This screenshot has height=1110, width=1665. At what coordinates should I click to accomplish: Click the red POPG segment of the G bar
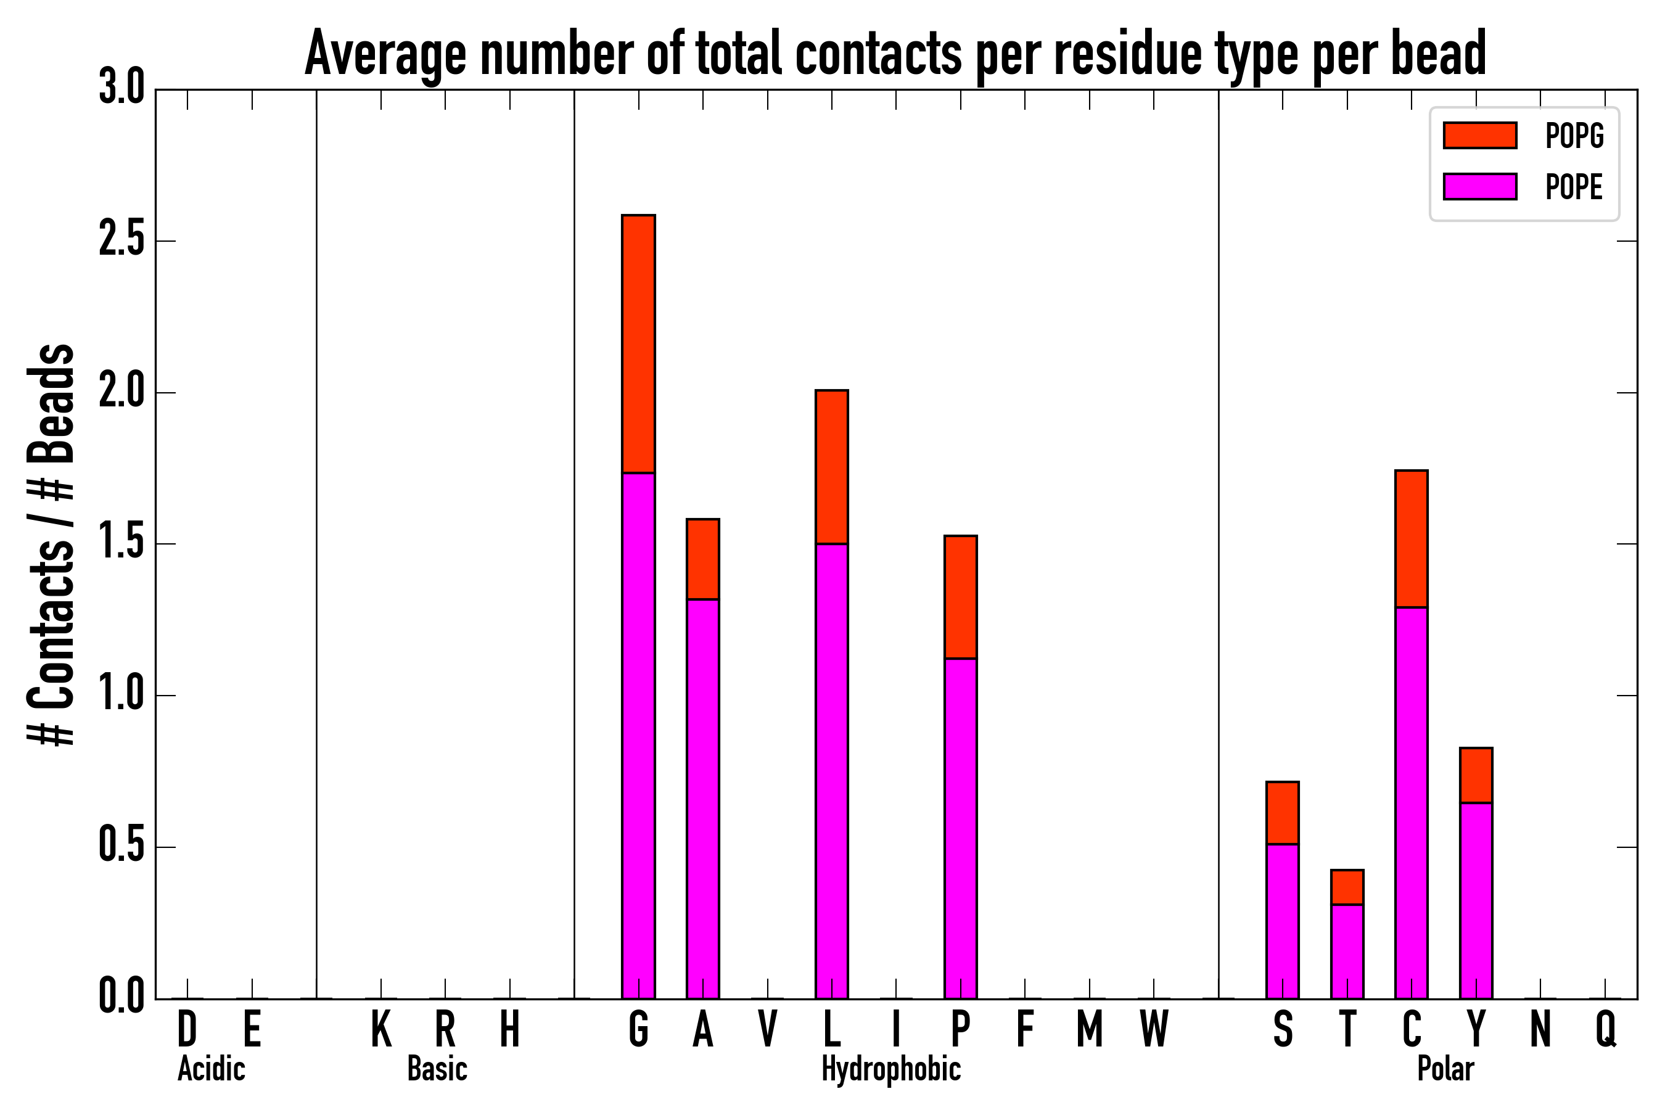pos(638,343)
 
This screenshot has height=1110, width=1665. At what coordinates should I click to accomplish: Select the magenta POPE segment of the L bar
pos(831,771)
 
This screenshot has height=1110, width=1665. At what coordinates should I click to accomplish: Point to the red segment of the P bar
pos(960,597)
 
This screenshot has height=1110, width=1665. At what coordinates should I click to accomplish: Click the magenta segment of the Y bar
pos(1475,900)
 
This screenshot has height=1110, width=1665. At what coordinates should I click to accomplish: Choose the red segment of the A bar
pos(702,559)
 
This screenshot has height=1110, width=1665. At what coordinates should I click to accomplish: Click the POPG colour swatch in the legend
pos(1479,135)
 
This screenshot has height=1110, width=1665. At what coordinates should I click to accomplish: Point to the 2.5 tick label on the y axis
pos(121,240)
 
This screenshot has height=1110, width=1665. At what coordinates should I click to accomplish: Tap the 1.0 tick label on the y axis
pos(121,695)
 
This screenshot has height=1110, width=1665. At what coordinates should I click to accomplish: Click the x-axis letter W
pos(1154,1029)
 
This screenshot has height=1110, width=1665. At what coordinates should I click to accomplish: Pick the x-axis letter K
pos(381,1029)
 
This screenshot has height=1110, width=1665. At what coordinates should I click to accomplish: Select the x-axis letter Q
pos(1606,1029)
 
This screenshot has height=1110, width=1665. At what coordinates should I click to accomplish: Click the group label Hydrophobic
pos(890,1069)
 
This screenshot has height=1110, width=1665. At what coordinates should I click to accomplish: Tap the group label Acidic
pos(211,1069)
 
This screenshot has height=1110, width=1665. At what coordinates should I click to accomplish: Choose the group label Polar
pos(1445,1069)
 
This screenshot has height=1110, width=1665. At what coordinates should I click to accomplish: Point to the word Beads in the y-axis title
pos(51,403)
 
